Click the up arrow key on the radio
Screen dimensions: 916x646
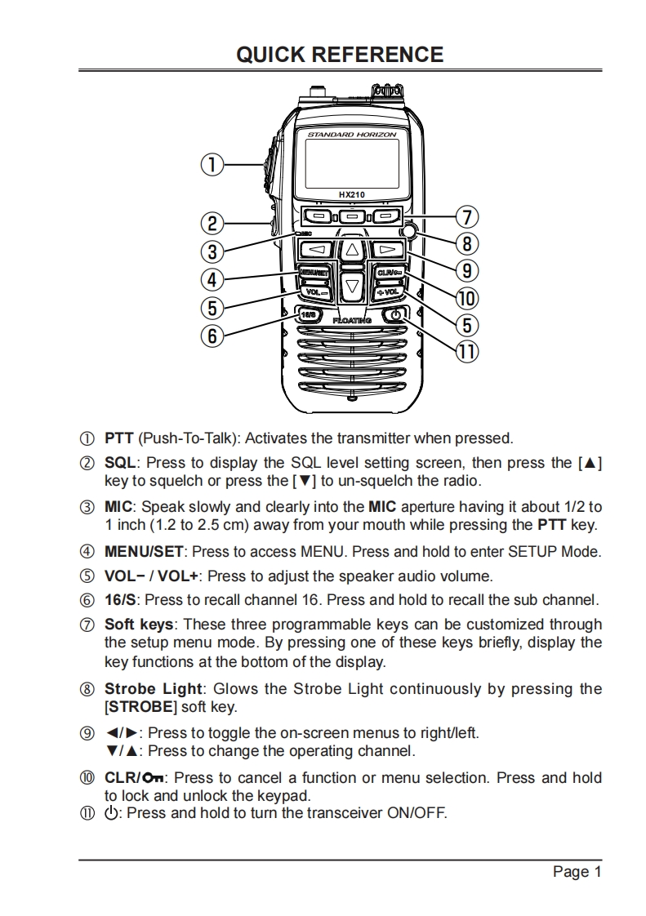pos(350,249)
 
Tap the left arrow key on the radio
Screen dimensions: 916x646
pos(320,249)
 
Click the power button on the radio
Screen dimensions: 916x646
pos(394,315)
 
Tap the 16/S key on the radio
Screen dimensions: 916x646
pos(308,315)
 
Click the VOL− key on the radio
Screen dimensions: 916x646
pos(314,291)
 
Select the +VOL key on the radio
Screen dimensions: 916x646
pos(387,291)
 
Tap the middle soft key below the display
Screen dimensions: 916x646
pos(351,216)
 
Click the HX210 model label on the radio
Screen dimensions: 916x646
pos(351,194)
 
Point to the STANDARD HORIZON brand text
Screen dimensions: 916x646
pos(351,134)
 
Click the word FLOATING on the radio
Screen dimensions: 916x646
pos(351,321)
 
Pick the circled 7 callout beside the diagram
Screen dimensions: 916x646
pos(466,217)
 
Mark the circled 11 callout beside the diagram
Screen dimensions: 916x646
pos(466,352)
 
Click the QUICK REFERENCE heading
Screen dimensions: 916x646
pos(340,55)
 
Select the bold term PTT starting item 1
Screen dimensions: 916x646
pos(119,438)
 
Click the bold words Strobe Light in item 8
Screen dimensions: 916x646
pos(154,688)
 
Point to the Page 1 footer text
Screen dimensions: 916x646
pos(577,872)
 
